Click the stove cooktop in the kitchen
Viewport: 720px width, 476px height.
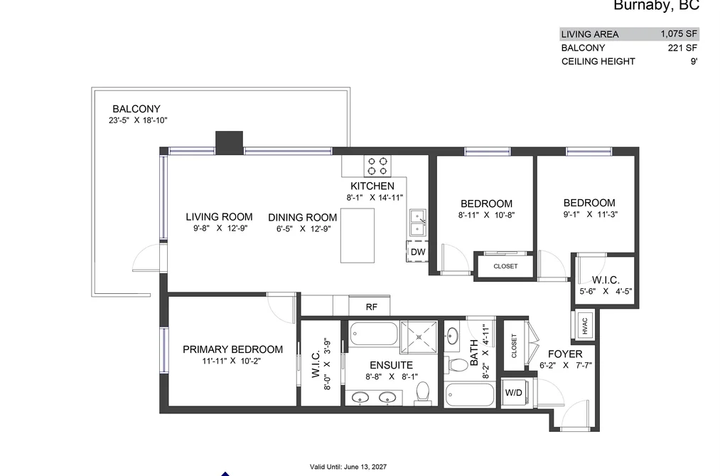pos(377,166)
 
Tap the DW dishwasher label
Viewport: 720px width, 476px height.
pos(418,252)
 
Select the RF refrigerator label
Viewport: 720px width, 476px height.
pos(372,307)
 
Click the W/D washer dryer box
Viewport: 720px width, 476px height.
pos(514,393)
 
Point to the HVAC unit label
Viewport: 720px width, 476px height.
pos(584,326)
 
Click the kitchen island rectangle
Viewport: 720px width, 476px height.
pos(358,236)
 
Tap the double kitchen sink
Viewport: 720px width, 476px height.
pos(418,223)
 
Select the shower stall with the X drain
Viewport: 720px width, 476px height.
pos(419,337)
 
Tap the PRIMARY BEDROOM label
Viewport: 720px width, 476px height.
pos(233,349)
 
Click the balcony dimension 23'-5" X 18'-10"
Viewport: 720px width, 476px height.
pos(138,120)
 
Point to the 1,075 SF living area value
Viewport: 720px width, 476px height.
pos(679,33)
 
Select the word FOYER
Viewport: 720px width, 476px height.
pos(565,354)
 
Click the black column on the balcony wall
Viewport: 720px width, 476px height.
pos(229,142)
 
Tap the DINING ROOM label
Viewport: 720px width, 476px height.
pos(303,217)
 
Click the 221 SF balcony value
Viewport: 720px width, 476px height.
pos(682,48)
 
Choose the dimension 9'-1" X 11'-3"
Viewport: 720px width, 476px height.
pos(590,214)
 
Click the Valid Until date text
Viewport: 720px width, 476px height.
pos(348,467)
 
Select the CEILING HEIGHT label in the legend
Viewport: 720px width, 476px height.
pos(598,62)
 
